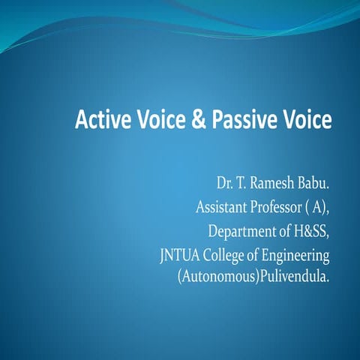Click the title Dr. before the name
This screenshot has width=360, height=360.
(x=225, y=182)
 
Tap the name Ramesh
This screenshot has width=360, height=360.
(x=274, y=182)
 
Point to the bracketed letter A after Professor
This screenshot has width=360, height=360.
(x=317, y=205)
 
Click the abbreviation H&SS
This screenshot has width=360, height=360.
(x=308, y=229)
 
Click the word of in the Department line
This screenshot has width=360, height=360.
(x=280, y=229)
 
